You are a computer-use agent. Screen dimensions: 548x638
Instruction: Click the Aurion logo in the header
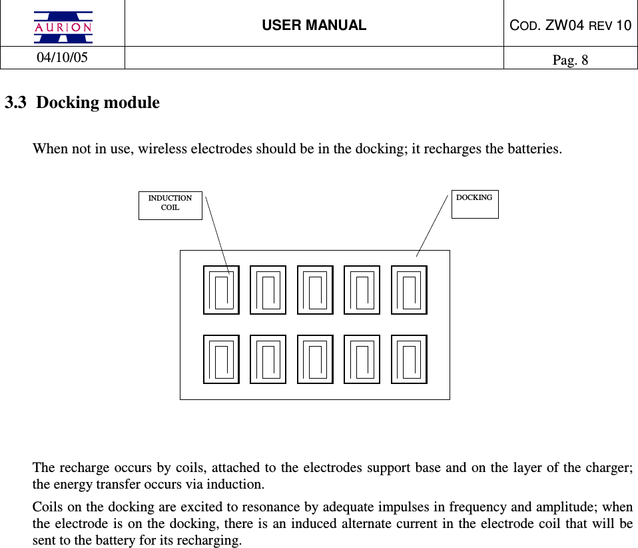click(x=63, y=27)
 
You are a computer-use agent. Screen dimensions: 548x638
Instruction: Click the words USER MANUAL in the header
click(x=314, y=25)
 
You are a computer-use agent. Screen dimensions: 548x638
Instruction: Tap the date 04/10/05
click(x=62, y=57)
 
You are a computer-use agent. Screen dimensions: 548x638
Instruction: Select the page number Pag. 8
click(x=570, y=60)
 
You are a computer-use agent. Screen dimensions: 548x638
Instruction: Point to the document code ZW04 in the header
click(x=578, y=25)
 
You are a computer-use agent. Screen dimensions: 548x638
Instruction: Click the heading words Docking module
click(x=98, y=103)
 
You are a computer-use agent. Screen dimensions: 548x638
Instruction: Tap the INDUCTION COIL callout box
click(x=170, y=203)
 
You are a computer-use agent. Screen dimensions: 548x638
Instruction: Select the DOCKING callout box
click(x=474, y=203)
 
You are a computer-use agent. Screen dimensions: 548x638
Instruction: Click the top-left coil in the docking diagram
click(x=221, y=290)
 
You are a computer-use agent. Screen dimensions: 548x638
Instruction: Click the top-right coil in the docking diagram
click(x=409, y=290)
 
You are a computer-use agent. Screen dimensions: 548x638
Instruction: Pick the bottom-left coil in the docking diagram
click(x=221, y=359)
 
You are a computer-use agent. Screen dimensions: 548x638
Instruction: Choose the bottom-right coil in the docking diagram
click(x=409, y=359)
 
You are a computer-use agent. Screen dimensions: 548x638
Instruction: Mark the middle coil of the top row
click(x=315, y=290)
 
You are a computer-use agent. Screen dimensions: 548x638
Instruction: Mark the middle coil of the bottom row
click(x=315, y=359)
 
